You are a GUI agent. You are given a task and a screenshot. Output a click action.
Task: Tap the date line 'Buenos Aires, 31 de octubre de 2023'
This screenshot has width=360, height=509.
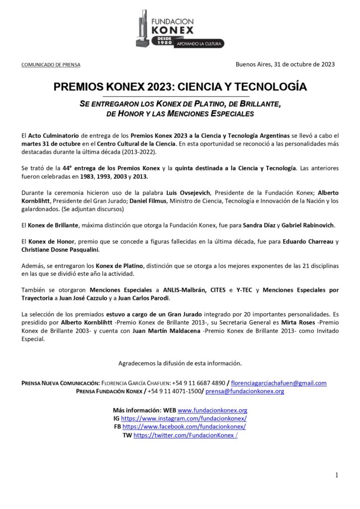285,64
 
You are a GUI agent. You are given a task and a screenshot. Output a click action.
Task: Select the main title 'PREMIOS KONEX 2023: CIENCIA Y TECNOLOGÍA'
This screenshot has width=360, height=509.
180,87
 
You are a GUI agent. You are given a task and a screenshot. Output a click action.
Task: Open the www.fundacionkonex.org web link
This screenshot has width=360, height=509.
212,411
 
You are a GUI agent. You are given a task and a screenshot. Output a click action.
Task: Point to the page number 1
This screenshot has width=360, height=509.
337,475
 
